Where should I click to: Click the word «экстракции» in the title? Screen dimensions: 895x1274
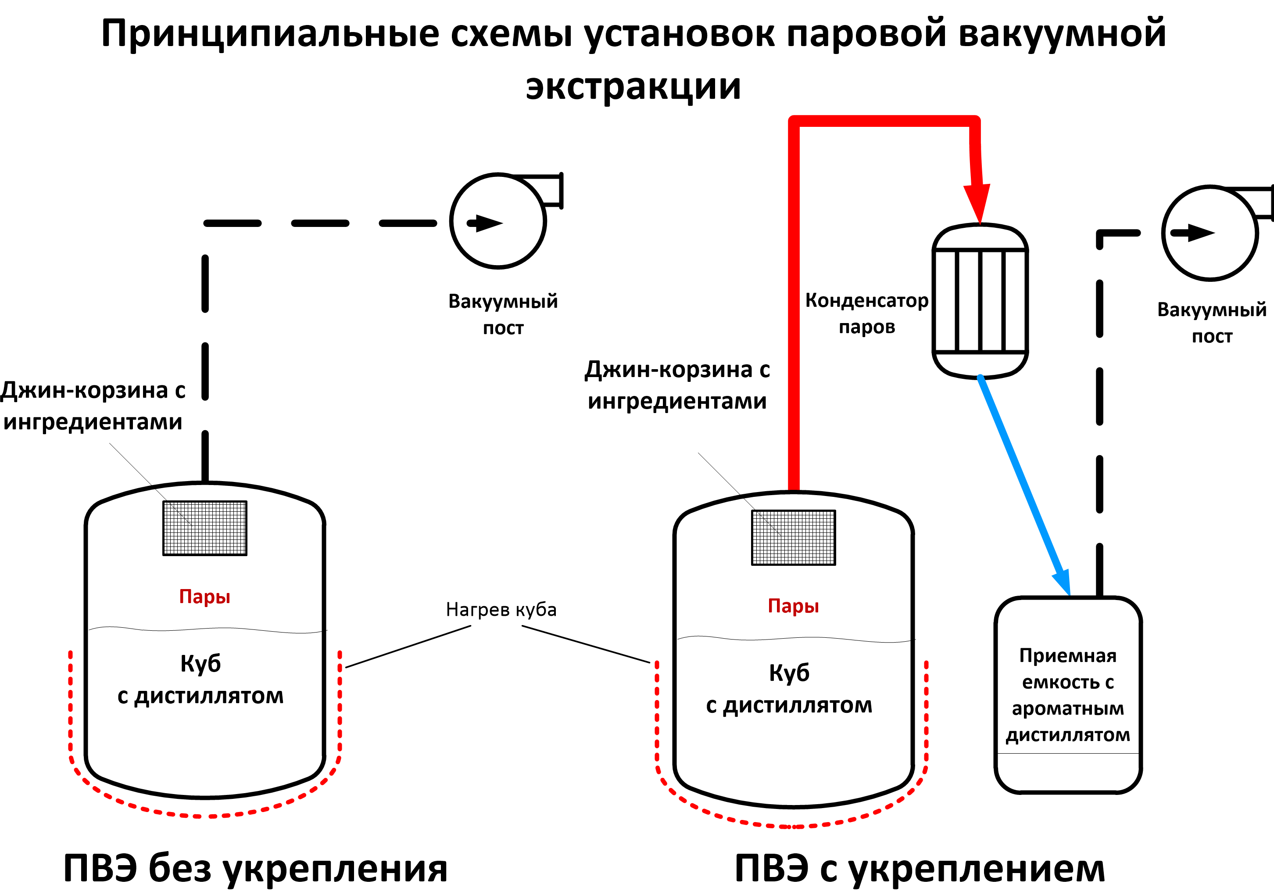click(x=633, y=87)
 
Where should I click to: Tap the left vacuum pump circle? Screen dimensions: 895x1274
click(x=498, y=221)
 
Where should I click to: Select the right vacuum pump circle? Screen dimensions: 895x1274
click(x=1210, y=233)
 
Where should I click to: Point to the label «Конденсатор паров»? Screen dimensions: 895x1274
click(x=867, y=313)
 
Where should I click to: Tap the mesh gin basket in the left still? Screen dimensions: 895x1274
click(x=205, y=528)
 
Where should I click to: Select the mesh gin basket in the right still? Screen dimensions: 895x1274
click(x=794, y=537)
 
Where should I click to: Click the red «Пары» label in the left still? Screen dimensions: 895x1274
click(x=205, y=597)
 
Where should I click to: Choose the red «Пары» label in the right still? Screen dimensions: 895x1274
click(x=794, y=606)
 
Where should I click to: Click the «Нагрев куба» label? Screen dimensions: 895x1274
click(x=501, y=610)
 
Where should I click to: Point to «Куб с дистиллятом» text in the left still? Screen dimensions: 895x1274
click(x=200, y=679)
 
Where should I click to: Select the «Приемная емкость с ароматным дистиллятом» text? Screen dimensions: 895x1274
click(x=1067, y=695)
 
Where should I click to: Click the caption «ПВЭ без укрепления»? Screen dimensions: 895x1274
click(x=255, y=868)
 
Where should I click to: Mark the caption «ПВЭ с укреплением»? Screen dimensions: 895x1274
click(x=920, y=868)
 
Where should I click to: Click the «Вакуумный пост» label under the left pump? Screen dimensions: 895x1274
click(x=503, y=314)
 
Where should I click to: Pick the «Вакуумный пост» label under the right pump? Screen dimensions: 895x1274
click(x=1212, y=323)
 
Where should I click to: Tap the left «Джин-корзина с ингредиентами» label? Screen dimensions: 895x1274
click(x=93, y=406)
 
